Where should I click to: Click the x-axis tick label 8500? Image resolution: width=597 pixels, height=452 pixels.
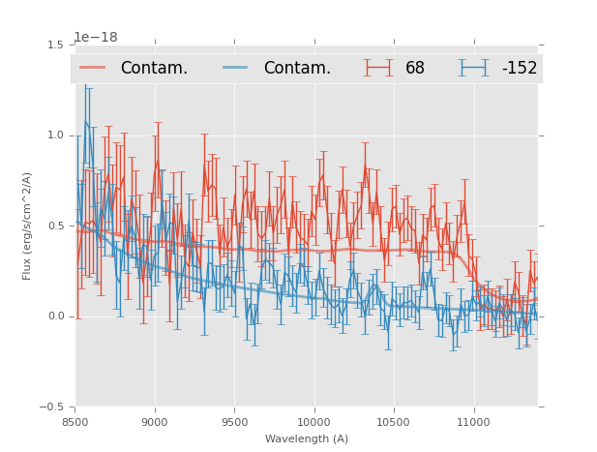click(x=75, y=422)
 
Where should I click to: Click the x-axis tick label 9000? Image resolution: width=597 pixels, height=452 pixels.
click(x=155, y=422)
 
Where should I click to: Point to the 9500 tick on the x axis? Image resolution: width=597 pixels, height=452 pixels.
click(x=234, y=422)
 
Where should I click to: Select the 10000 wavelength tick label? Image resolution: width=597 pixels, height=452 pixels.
click(x=313, y=422)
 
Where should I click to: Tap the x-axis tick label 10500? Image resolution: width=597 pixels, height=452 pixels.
click(x=393, y=422)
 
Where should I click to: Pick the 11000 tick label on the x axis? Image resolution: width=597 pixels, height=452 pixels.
click(x=472, y=422)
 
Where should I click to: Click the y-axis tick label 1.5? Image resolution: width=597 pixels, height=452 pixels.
click(x=55, y=45)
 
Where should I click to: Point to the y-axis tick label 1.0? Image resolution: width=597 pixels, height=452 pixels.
click(x=55, y=136)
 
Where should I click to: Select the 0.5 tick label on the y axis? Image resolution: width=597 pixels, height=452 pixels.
click(x=55, y=226)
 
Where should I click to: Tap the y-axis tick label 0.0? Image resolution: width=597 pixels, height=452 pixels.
click(x=55, y=316)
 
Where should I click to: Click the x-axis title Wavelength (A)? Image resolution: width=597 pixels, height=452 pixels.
click(x=307, y=438)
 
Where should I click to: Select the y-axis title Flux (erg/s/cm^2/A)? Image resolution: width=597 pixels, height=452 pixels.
click(x=28, y=226)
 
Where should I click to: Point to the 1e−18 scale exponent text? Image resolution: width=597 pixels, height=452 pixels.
click(x=96, y=38)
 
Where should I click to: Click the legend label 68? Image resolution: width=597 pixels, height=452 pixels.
click(x=415, y=69)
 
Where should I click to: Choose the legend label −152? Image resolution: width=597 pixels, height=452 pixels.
click(x=519, y=69)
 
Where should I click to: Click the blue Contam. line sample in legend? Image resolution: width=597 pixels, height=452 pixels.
click(x=236, y=68)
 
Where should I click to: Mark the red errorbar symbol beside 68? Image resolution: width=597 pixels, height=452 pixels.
click(x=378, y=68)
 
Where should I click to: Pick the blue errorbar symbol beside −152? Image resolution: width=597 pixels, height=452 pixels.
click(x=474, y=68)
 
